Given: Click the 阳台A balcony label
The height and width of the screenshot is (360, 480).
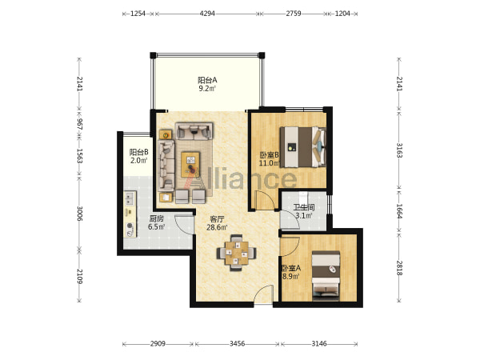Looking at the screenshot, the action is [207, 80].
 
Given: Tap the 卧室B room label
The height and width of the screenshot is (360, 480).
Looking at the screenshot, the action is [269, 155].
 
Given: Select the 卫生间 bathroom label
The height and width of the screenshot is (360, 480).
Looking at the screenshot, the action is [304, 207].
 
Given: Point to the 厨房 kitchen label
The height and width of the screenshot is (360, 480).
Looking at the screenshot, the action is [156, 218].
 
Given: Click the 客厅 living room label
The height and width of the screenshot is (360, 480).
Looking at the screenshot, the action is [217, 219].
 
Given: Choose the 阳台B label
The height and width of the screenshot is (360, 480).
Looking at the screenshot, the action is [138, 152].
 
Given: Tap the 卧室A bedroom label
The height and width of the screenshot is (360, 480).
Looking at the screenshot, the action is [291, 268].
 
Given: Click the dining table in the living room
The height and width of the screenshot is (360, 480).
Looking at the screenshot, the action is [236, 253].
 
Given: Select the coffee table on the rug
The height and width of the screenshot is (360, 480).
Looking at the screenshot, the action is [190, 164].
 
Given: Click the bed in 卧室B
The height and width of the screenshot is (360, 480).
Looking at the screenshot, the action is [303, 147].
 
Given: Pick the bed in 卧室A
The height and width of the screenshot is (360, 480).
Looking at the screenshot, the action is [326, 276].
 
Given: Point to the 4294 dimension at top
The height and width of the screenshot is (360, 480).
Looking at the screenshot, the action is [207, 14].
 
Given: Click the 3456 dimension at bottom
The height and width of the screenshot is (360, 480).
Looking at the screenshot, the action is [238, 344].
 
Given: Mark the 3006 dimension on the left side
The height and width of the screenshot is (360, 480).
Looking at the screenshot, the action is [79, 214].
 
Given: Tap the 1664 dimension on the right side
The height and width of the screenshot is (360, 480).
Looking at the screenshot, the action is [399, 211].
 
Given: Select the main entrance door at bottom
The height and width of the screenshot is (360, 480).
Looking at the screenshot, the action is [263, 294].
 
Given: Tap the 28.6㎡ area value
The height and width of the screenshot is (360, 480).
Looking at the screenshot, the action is [217, 227].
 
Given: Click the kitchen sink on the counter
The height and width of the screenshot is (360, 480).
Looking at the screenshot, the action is [130, 198].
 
